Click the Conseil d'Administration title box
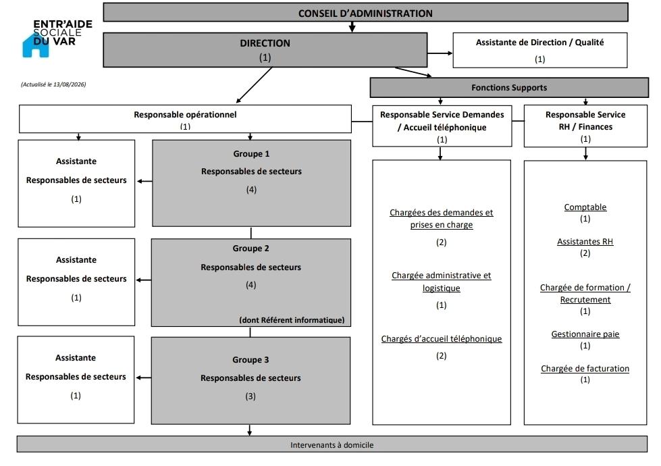click(365, 12)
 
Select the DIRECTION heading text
click(265, 43)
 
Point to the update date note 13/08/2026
click(53, 84)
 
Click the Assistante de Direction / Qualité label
click(539, 42)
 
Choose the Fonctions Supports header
click(509, 88)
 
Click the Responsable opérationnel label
click(185, 114)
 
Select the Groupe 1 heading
click(251, 153)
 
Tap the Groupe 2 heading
click(250, 249)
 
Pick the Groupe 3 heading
click(250, 360)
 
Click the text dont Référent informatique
click(292, 319)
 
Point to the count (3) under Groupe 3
click(250, 396)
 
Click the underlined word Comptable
click(585, 207)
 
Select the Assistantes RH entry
click(585, 242)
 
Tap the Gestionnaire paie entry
click(585, 334)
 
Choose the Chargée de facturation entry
click(585, 369)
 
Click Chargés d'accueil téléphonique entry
click(442, 338)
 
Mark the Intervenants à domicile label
click(332, 445)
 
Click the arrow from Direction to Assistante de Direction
click(440, 53)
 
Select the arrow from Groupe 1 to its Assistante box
click(144, 182)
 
